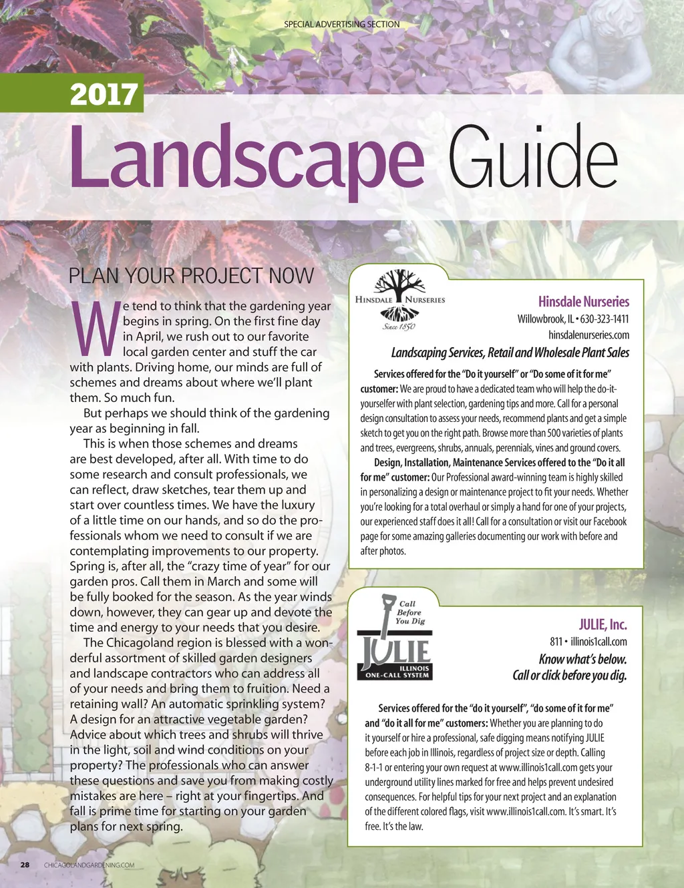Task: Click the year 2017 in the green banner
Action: pyautogui.click(x=104, y=94)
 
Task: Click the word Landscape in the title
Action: pyautogui.click(x=246, y=158)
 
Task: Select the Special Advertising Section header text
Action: pyautogui.click(x=342, y=24)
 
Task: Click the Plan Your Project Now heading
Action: pyautogui.click(x=191, y=276)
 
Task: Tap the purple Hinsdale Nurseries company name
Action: pyautogui.click(x=583, y=302)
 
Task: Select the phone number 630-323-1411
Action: pyautogui.click(x=605, y=319)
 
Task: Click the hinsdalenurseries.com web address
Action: pyautogui.click(x=588, y=335)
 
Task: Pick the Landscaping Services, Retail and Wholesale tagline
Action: pyautogui.click(x=510, y=353)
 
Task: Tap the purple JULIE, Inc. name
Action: pyautogui.click(x=603, y=625)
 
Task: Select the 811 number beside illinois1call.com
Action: pyautogui.click(x=556, y=642)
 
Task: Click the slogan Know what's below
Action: pyautogui.click(x=582, y=659)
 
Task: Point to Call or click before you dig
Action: pyautogui.click(x=569, y=675)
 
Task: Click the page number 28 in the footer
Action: pyautogui.click(x=25, y=865)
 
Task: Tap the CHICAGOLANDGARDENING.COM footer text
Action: pyautogui.click(x=89, y=865)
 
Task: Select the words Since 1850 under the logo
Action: pyautogui.click(x=399, y=326)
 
